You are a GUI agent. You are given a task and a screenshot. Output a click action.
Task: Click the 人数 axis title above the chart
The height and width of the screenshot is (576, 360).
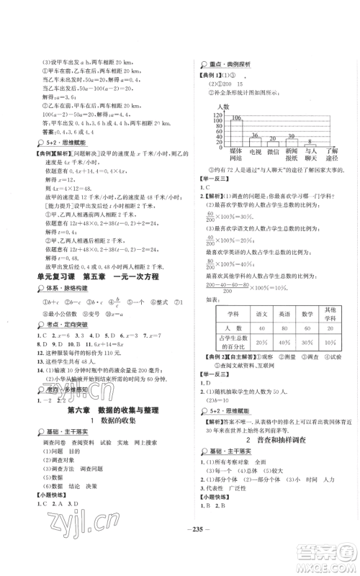tap(222, 107)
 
